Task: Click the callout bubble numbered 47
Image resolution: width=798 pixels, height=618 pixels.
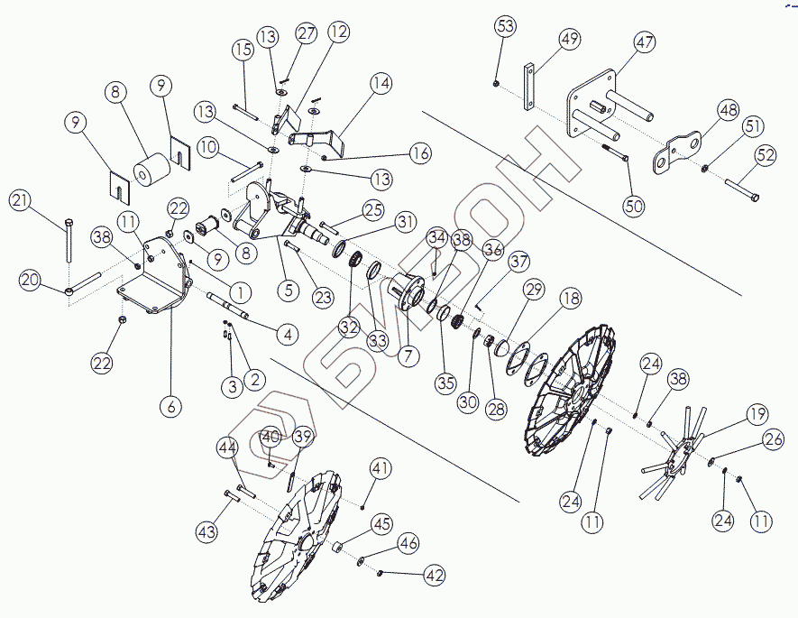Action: tap(644, 42)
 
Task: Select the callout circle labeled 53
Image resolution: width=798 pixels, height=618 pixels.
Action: tap(506, 25)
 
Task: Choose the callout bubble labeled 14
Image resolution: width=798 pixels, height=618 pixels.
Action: tap(380, 85)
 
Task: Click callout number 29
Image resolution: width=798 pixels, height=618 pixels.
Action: tap(534, 290)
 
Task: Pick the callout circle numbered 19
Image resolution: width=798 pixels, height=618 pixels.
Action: tap(757, 416)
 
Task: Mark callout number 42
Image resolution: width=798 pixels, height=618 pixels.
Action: tap(435, 576)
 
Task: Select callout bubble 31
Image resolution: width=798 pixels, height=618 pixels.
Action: tap(406, 221)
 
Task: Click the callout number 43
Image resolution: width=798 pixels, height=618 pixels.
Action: tap(208, 532)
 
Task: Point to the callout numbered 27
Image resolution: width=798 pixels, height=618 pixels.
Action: tap(307, 33)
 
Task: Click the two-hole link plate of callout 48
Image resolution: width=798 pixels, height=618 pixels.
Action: tap(678, 152)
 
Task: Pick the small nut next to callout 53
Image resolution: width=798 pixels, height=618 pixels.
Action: tap(497, 84)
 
